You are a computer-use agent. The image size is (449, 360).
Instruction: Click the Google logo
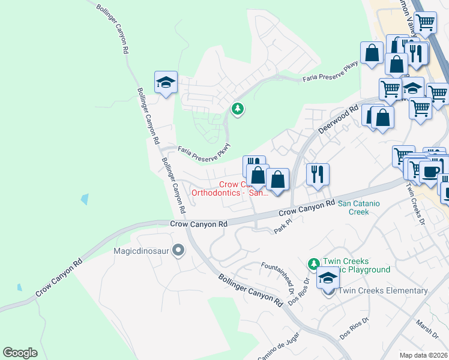(20, 352)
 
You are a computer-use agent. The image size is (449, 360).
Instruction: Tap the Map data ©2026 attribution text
(424, 355)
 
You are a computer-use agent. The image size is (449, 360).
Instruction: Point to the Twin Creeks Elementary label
(383, 290)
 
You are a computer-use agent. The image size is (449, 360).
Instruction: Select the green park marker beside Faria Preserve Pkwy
(238, 109)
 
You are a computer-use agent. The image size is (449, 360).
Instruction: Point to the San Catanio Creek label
(359, 208)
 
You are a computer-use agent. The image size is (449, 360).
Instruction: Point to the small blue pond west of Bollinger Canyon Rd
(85, 199)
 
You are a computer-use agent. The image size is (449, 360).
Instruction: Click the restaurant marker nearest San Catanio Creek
(318, 175)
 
